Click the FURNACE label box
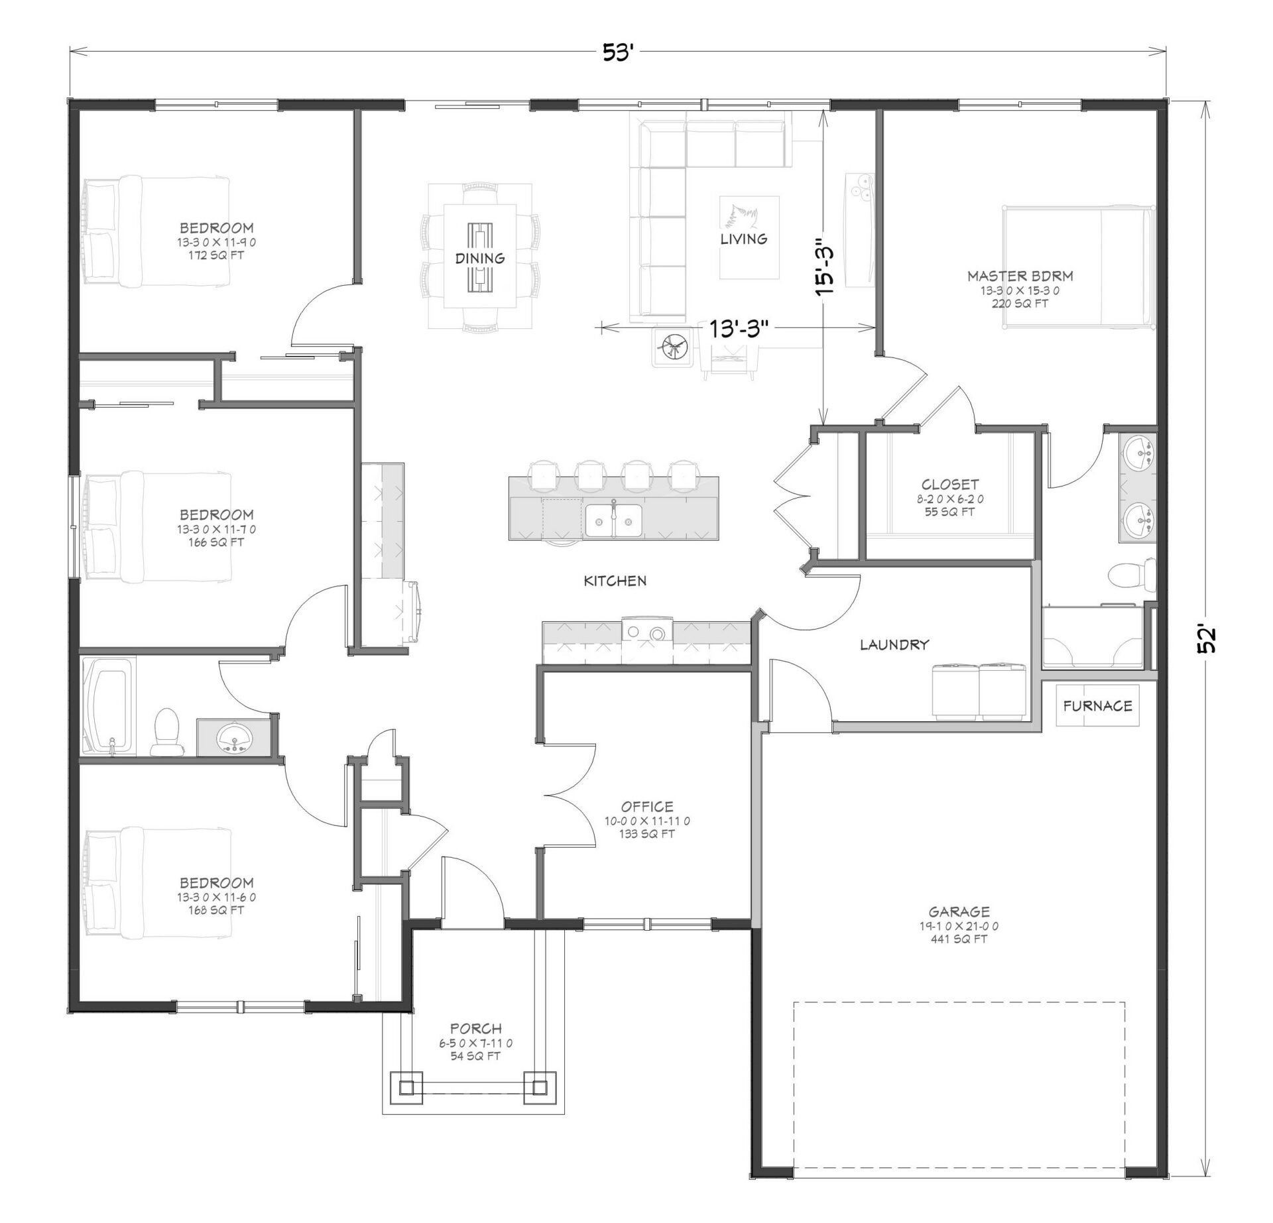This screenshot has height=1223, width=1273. point(1097,706)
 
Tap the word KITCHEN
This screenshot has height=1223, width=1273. point(615,581)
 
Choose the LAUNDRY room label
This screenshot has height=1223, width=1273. point(894,644)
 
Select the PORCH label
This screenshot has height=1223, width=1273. point(475,1029)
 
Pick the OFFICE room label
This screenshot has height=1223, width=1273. point(647,807)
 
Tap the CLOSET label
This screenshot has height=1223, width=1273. point(949,485)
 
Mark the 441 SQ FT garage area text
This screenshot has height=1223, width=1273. point(959,939)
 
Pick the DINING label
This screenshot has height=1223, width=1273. point(479,259)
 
